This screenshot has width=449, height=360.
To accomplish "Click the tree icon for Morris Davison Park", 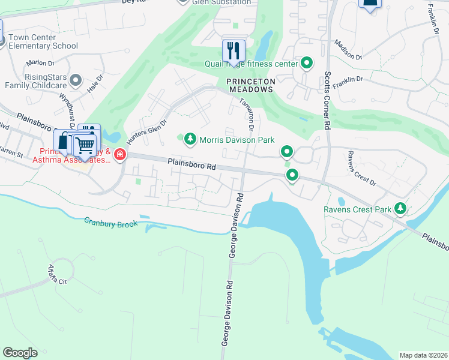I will coord(190,140).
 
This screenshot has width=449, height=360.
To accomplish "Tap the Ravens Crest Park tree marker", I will coord(400,209).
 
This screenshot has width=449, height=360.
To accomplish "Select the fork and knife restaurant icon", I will coord(234,50).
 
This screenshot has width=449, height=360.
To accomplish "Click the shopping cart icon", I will coord(85,145).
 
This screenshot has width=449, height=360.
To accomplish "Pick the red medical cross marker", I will coord(120,155).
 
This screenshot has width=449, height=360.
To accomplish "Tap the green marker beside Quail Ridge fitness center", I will coord(307,63).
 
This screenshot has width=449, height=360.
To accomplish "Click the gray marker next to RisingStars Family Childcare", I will coord(76,80).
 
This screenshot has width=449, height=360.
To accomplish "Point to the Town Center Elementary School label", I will coord(43,41).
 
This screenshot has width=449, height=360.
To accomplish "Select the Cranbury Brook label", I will coord(111,223).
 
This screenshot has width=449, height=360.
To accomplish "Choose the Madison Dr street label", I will coord(349,50).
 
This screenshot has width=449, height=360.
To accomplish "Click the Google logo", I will coord(20,353).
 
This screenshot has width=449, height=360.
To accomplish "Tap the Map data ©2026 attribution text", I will coord(423,355).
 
